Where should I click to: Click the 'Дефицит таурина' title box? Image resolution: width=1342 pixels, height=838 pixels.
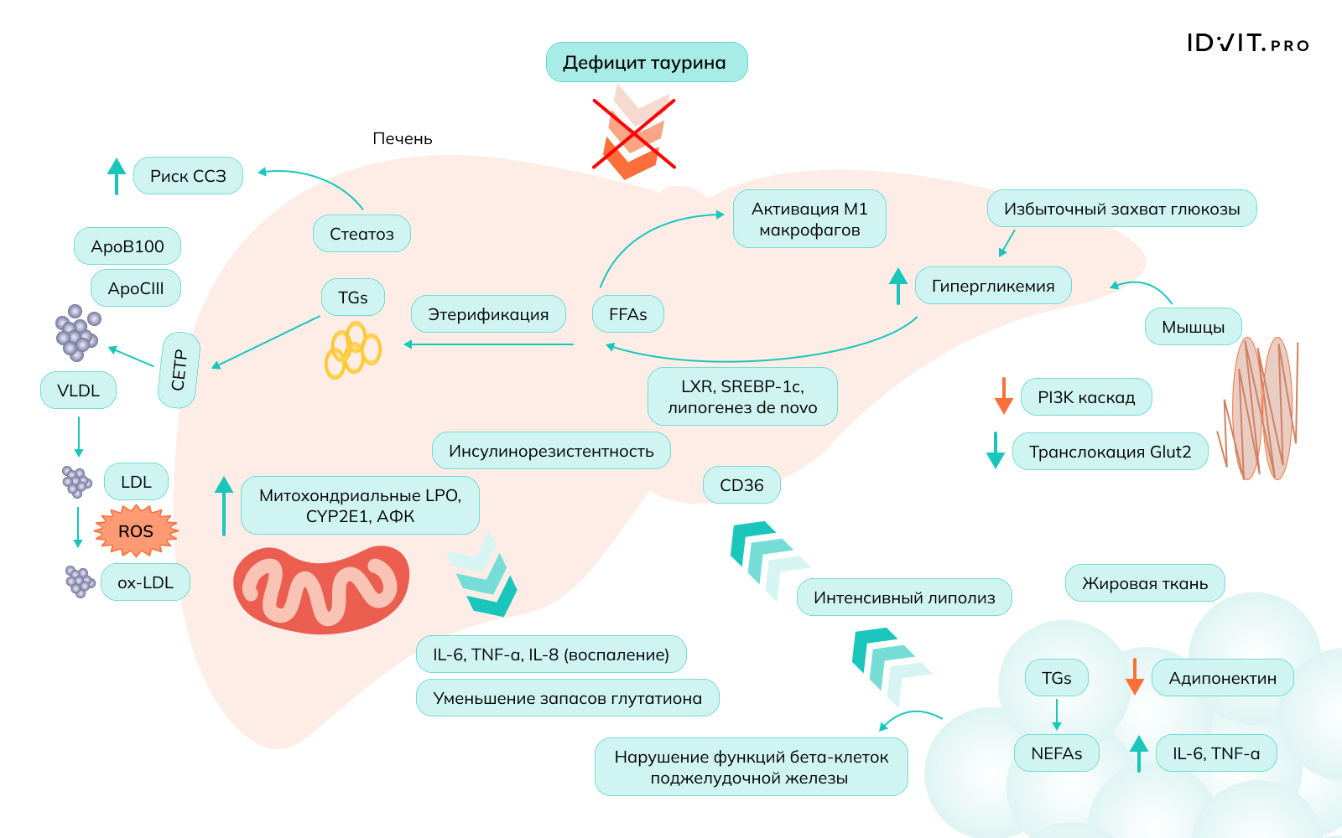[646, 63]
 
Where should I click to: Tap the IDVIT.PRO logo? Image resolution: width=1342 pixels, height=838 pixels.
[1247, 44]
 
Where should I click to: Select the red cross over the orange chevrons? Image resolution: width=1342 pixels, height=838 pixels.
[634, 134]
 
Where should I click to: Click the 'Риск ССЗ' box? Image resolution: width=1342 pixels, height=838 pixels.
[188, 176]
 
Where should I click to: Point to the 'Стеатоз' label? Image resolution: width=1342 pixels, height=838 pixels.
[362, 234]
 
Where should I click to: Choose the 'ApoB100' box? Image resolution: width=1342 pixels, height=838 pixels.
[127, 246]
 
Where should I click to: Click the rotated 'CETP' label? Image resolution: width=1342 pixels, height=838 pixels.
[179, 370]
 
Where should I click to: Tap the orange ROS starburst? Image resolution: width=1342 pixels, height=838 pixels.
[136, 531]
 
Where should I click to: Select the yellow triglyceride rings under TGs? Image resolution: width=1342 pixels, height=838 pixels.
[352, 350]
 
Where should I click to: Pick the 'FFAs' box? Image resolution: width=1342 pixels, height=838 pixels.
[628, 314]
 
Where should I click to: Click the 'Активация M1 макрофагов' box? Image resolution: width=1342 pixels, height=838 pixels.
[809, 219]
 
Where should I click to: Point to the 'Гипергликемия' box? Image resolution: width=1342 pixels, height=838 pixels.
[993, 286]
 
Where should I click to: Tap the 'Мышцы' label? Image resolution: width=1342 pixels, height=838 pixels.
[1193, 327]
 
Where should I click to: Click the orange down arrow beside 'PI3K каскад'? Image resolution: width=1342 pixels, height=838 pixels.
[1003, 396]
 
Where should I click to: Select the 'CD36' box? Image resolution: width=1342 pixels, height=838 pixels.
[741, 485]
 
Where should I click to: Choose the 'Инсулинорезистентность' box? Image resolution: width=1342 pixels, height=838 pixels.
[551, 451]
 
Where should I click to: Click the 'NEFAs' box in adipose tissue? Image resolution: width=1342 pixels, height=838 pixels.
[1057, 753]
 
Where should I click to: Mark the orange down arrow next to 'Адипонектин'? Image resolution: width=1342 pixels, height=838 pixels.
[1134, 677]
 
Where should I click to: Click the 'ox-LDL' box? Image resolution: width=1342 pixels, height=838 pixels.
[145, 582]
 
